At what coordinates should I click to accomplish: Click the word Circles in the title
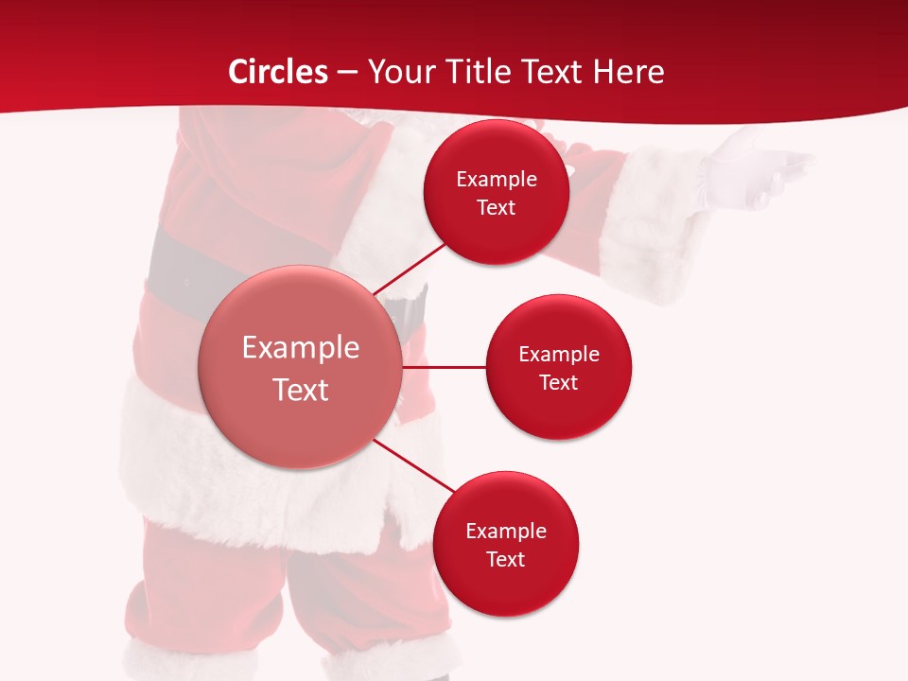[277, 72]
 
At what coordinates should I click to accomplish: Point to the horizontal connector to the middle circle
[445, 367]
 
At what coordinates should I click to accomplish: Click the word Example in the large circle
[300, 347]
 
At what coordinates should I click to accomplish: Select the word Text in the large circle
[300, 390]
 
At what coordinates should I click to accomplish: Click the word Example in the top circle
[497, 179]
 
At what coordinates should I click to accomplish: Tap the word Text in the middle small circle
[558, 382]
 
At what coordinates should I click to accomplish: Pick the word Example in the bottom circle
[506, 531]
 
